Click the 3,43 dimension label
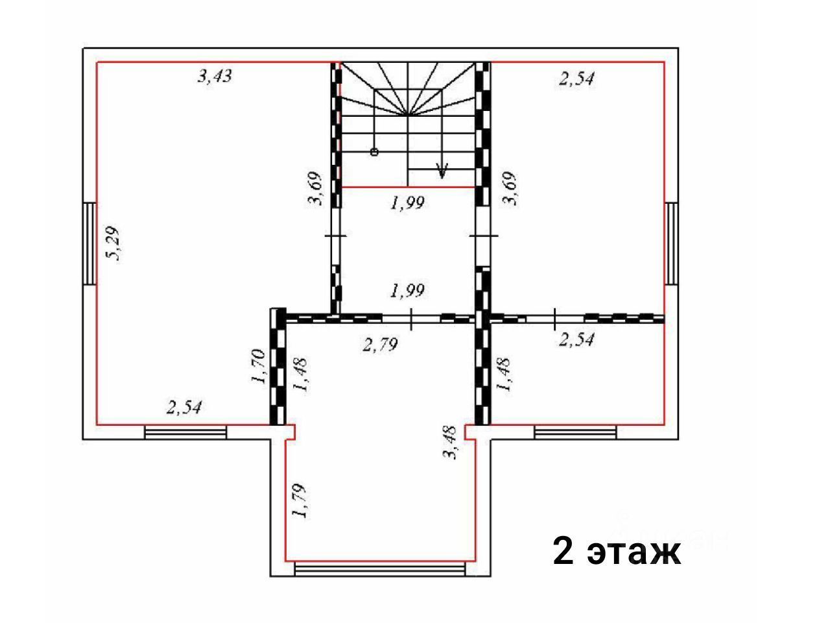(x=215, y=76)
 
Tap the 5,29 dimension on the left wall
(x=112, y=243)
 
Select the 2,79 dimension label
(x=380, y=344)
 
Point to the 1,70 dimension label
(x=259, y=367)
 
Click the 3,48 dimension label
(x=451, y=442)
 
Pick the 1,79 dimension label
(x=299, y=500)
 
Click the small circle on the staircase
(x=374, y=152)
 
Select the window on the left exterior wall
(x=89, y=243)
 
